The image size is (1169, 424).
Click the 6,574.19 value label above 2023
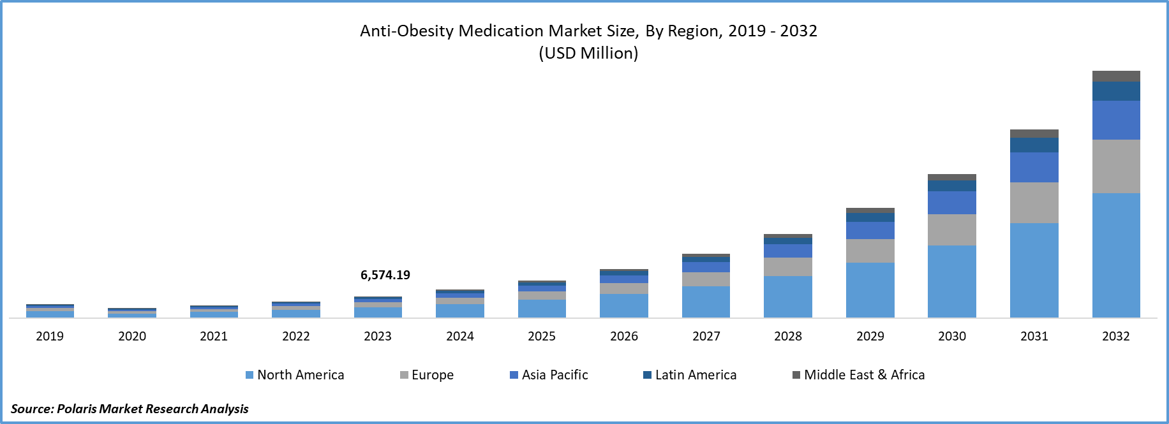(385, 275)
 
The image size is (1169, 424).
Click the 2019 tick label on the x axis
(50, 336)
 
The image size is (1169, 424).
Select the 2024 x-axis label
(459, 336)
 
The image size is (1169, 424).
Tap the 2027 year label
(706, 336)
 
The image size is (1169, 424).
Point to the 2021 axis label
(214, 336)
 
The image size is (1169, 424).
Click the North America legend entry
(295, 375)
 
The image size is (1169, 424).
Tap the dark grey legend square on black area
(796, 375)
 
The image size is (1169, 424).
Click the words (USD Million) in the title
(588, 53)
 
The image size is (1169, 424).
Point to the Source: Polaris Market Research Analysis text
(130, 409)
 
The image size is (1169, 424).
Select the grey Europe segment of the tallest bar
(1116, 166)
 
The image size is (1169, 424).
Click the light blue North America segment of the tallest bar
(1116, 255)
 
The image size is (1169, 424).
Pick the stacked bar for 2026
(623, 293)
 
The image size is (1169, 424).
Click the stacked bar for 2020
(132, 312)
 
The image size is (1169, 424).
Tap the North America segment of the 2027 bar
(706, 302)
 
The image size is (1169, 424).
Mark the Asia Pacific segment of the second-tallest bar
(1034, 167)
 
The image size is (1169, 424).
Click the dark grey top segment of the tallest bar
(1116, 76)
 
